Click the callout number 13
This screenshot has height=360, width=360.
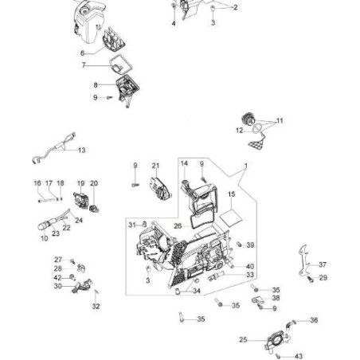pos(82,150)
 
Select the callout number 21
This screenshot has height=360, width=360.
pos(155,166)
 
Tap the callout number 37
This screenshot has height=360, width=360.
pos(323,264)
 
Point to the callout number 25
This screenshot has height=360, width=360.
pos(243,339)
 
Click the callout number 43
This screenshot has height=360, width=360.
pos(299,356)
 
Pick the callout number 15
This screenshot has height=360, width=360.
pos(231,194)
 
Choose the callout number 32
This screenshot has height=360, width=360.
pos(96,306)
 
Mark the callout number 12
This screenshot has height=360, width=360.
pos(239,131)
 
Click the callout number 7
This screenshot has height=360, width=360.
pos(84,65)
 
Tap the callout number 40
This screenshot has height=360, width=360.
pos(250,266)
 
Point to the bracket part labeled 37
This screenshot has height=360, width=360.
pos(303,261)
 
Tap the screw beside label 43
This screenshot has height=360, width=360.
pos(278,356)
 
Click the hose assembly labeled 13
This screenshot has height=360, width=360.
pos(54,148)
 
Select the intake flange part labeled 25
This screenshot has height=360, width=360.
pos(276,341)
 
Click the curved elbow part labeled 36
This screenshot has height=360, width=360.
pos(290,324)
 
